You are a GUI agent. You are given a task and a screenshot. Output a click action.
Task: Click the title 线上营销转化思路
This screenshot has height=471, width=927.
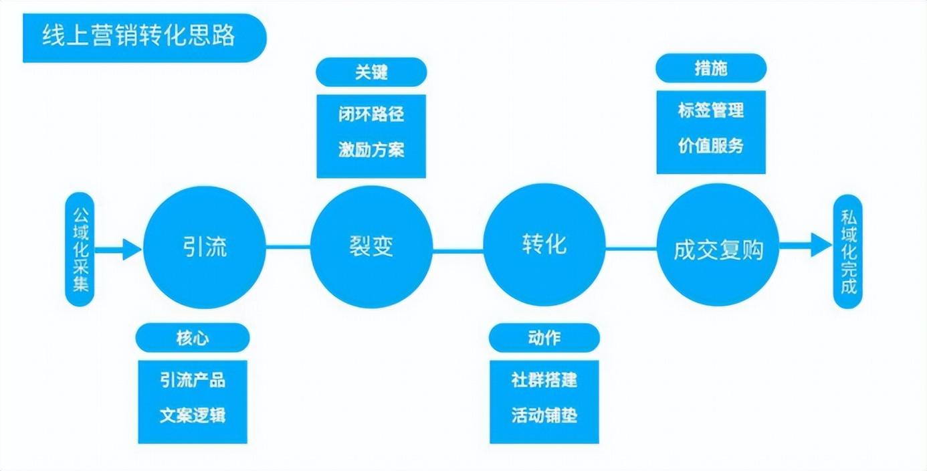(x=139, y=37)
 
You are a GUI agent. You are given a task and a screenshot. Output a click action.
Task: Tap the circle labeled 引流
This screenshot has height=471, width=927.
(x=205, y=246)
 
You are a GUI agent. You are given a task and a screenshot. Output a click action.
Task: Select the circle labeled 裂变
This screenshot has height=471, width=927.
(x=372, y=246)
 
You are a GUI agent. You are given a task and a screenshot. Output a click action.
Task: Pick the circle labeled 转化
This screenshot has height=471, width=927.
(x=544, y=244)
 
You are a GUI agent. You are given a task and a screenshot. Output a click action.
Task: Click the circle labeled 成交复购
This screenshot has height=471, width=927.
(x=718, y=249)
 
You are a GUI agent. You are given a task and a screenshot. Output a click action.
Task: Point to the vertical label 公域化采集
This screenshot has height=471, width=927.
(x=80, y=250)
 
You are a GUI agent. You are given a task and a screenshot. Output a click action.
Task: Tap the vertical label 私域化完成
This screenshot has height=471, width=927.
(x=849, y=251)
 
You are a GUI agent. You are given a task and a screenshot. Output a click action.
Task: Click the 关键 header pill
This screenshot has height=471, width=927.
(x=371, y=72)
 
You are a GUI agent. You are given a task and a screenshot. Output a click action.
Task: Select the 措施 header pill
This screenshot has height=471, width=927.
(x=711, y=68)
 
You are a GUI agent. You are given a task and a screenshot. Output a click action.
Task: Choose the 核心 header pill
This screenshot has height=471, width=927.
(x=193, y=338)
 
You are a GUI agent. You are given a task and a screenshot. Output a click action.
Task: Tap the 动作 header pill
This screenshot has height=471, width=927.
(x=544, y=338)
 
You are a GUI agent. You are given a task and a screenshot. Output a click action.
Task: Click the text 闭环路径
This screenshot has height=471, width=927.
(x=371, y=114)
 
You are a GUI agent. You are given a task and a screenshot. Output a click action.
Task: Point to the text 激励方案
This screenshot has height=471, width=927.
(x=371, y=149)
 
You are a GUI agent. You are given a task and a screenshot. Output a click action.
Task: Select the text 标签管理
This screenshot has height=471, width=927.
(x=711, y=110)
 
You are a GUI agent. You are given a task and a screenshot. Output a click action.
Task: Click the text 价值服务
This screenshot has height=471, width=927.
(x=711, y=145)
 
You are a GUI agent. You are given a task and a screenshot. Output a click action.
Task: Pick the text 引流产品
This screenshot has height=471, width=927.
(x=193, y=380)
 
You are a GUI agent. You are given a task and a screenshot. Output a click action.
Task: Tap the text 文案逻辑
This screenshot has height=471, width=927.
(x=193, y=415)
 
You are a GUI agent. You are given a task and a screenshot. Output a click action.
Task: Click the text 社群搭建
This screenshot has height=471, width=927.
(x=544, y=380)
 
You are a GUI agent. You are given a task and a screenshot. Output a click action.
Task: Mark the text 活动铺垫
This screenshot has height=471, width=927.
(x=544, y=415)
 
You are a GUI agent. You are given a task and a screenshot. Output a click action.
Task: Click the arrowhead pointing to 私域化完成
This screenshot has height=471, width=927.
(x=821, y=244)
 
